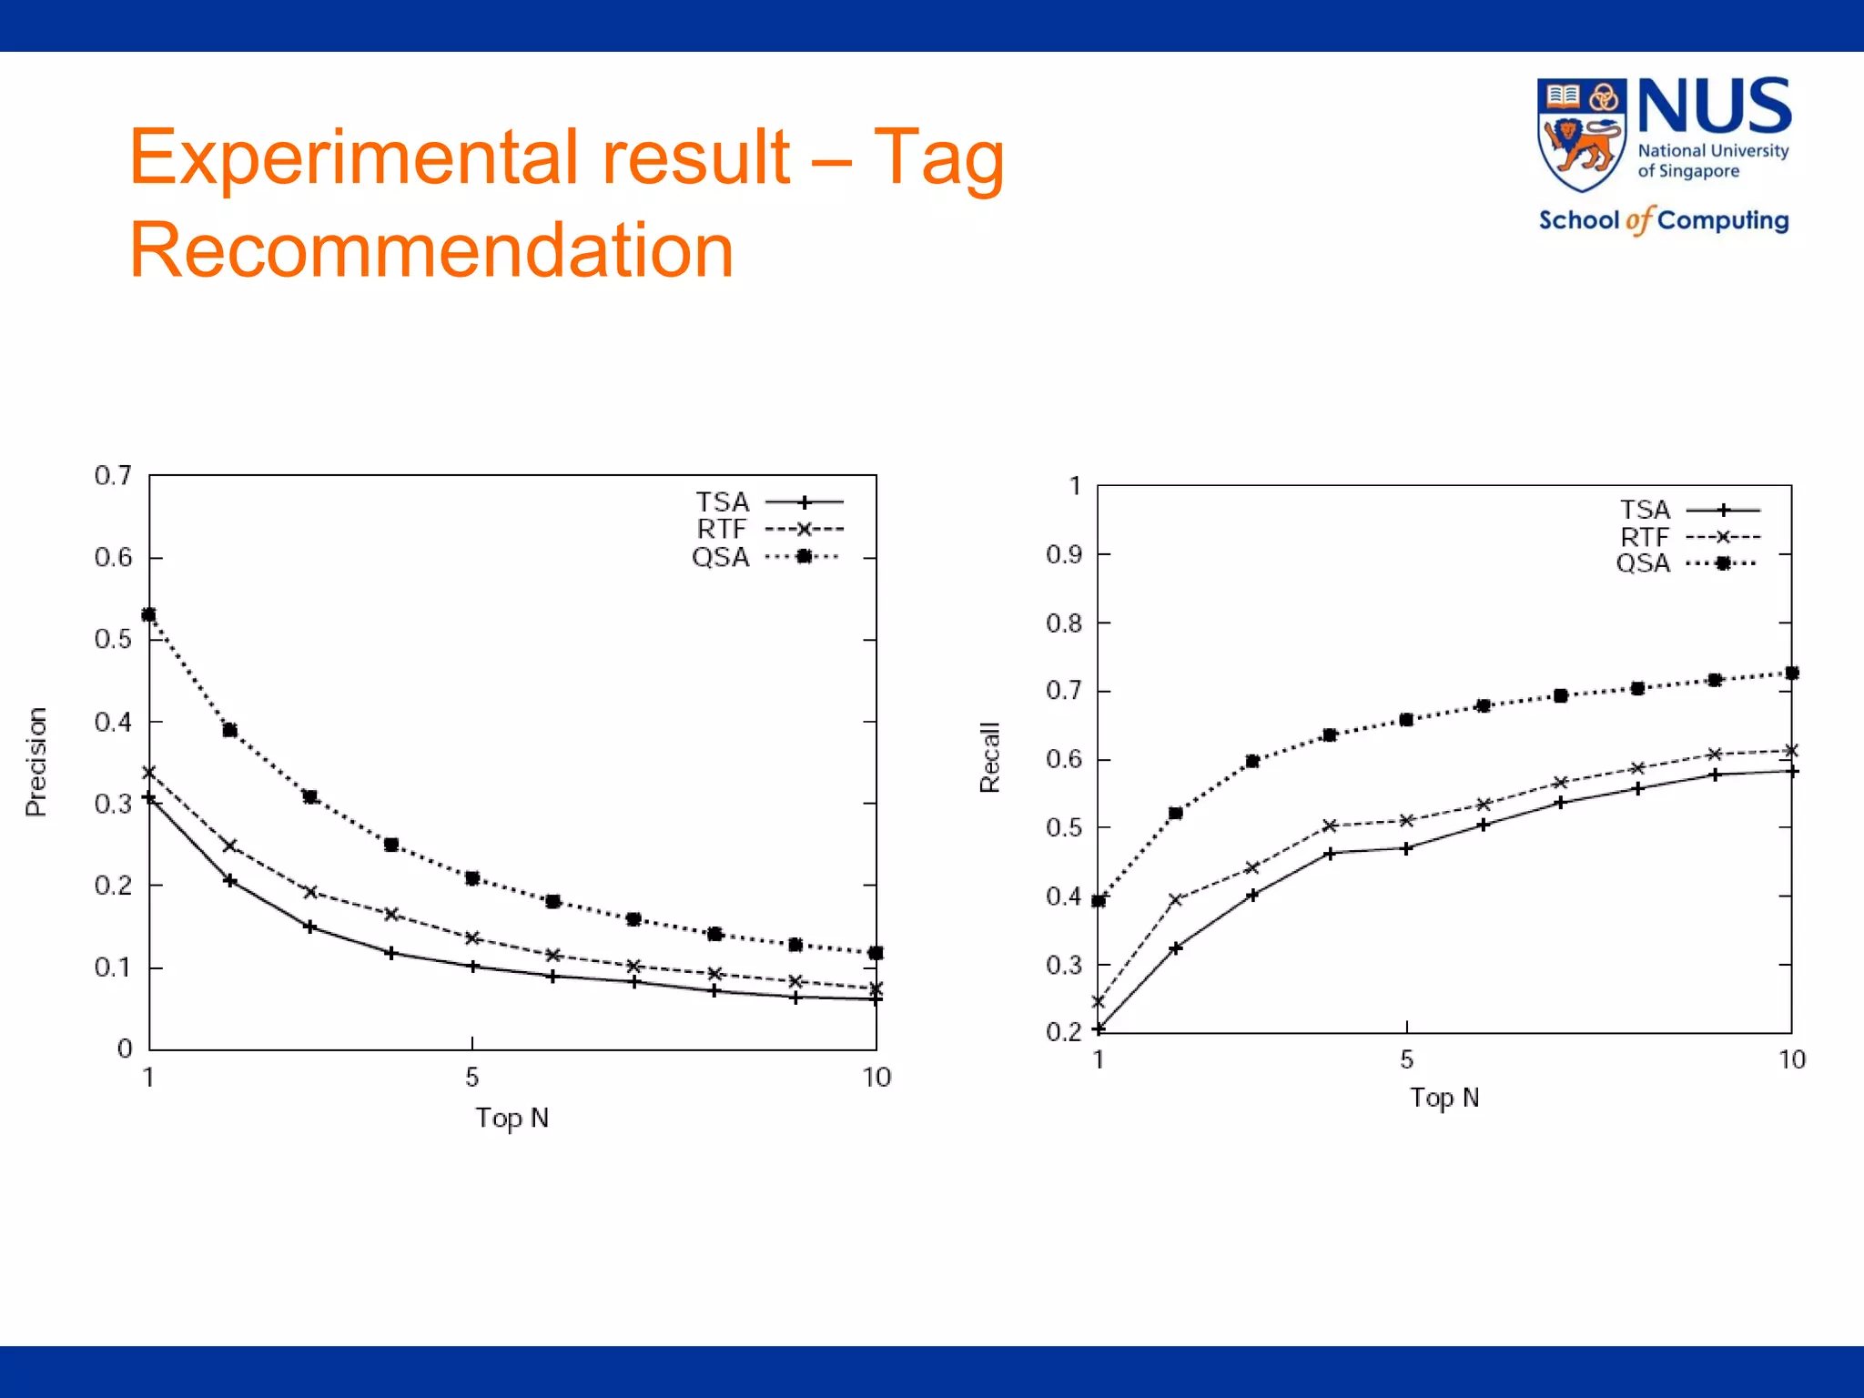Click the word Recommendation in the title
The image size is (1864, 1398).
[x=431, y=250]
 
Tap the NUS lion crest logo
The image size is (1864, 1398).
[x=1581, y=135]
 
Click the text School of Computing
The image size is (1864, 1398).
[x=1663, y=220]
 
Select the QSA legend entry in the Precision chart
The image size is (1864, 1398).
[x=765, y=557]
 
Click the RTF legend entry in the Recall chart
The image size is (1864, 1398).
[x=1689, y=537]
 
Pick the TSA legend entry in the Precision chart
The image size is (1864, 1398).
[x=768, y=501]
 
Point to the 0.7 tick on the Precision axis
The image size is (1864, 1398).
[x=113, y=475]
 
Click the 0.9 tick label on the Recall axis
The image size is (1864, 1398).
[x=1064, y=554]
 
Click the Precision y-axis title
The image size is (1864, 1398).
[x=35, y=762]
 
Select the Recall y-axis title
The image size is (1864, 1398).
[x=989, y=757]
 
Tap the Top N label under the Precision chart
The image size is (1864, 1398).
[x=512, y=1118]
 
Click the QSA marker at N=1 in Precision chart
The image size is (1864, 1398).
[x=149, y=615]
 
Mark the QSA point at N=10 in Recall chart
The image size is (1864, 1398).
[x=1791, y=674]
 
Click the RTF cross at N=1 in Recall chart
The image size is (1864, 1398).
[x=1099, y=1001]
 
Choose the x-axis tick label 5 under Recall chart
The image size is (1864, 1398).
[x=1406, y=1059]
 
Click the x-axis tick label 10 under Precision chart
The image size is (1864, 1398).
[x=876, y=1078]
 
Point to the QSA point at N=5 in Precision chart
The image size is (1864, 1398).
[x=472, y=878]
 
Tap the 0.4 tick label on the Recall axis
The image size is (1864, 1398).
[x=1064, y=897]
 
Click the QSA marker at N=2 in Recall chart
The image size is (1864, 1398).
[x=1175, y=813]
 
